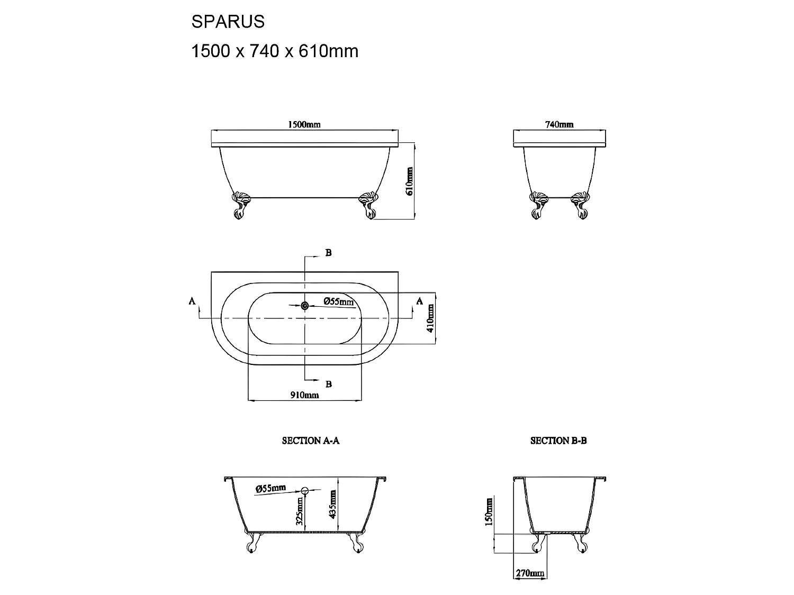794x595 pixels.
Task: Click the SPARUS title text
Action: coord(228,22)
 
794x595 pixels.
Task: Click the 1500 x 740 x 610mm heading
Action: coord(275,51)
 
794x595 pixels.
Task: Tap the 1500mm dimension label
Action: coord(304,125)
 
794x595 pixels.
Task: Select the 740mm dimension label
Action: coord(559,125)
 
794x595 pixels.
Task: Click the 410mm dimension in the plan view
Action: coord(430,318)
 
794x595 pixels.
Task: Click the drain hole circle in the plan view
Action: coord(304,305)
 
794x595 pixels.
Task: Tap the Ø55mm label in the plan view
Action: coord(339,302)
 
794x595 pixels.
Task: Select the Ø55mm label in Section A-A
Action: coord(270,488)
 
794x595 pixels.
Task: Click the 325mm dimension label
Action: coord(300,511)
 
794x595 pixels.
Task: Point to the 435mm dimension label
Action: coord(332,504)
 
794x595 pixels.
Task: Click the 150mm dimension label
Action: coord(489,511)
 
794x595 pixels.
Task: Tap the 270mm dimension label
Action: coord(529,573)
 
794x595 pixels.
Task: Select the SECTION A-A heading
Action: coord(310,441)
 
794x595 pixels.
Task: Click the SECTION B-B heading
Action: coord(558,441)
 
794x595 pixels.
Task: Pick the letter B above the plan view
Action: coord(328,253)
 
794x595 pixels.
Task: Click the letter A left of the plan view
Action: coord(192,301)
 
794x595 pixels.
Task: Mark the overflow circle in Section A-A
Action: coord(305,490)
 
